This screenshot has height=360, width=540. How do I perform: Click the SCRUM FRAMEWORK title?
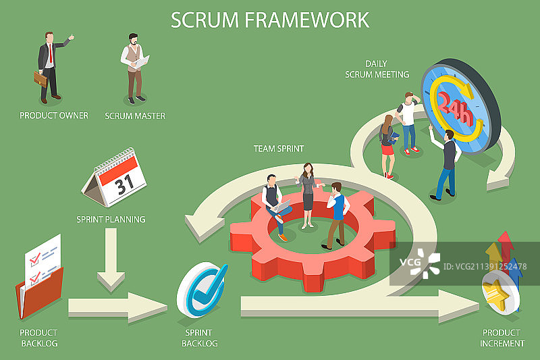(x=270, y=20)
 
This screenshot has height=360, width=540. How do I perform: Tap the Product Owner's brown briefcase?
(x=41, y=79)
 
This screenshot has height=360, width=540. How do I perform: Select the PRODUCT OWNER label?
(x=54, y=115)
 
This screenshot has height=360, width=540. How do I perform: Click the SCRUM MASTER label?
(x=135, y=115)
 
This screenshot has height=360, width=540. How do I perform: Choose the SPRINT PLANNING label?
(x=111, y=219)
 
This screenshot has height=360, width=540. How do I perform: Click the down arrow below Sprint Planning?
(x=111, y=260)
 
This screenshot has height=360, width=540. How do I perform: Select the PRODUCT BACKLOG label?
(x=38, y=338)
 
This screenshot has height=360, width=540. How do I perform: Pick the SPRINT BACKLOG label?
(x=200, y=338)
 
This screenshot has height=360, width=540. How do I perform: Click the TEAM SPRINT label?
(x=279, y=148)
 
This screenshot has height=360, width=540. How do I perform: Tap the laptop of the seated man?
(x=280, y=205)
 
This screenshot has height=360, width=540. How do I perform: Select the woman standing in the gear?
(x=308, y=192)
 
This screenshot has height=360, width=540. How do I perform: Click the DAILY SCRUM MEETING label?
(x=377, y=69)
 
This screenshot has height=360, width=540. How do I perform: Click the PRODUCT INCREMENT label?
(x=502, y=338)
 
